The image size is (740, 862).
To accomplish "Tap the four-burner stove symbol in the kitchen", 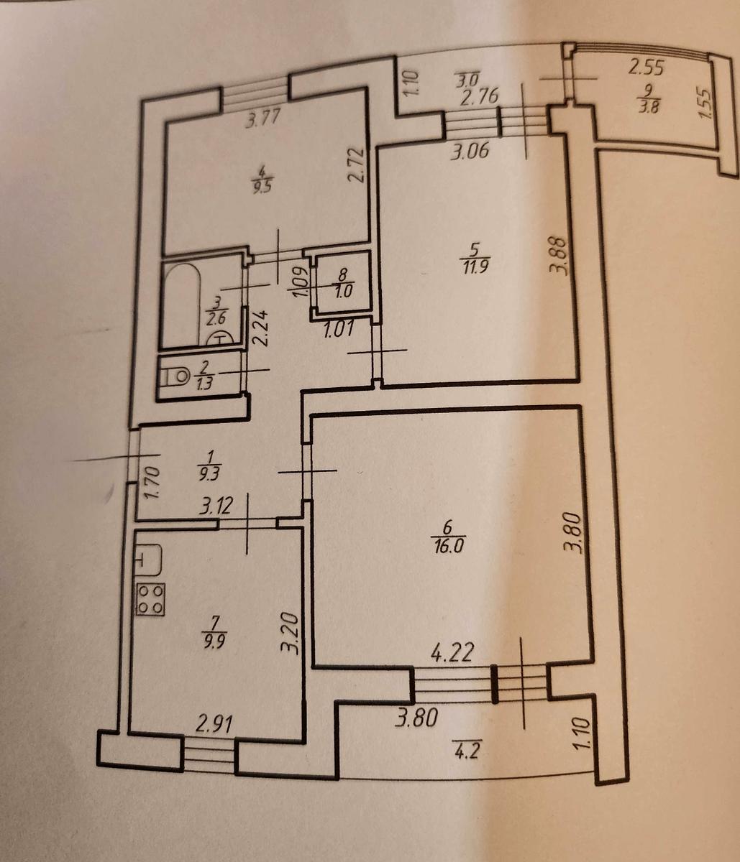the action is click(x=150, y=600).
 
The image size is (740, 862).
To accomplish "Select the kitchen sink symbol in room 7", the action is click(x=148, y=560).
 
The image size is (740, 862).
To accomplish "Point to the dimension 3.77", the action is click(x=262, y=123).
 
